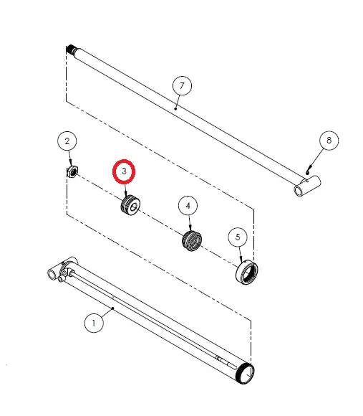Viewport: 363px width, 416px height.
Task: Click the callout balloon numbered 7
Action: coord(182,85)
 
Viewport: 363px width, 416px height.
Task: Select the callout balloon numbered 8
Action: coord(329,141)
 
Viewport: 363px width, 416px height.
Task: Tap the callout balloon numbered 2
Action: coord(67,141)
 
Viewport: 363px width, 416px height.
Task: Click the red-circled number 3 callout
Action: coord(124,171)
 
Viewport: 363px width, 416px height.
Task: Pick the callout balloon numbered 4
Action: coord(188,206)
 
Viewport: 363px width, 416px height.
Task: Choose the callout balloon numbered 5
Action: coord(238,237)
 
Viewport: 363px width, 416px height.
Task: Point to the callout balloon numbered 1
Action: coord(94,323)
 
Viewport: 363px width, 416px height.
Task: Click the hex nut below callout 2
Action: coord(72,171)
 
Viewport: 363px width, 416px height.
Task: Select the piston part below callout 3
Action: coord(130,205)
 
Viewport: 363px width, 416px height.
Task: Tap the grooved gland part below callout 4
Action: coord(192,240)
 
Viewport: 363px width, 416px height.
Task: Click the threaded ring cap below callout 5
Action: coord(247,273)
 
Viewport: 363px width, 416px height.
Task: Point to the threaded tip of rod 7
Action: coord(71,49)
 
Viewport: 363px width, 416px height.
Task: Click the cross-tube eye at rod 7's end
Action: coord(307,186)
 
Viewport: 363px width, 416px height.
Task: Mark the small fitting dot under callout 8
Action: coord(307,173)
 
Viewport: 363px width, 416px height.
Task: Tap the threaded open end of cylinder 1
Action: coord(246,374)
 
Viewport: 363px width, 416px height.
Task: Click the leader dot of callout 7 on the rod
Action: coord(175,108)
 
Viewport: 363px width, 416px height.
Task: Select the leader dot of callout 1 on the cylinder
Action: coord(113,308)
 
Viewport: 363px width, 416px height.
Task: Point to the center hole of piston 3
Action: coord(134,207)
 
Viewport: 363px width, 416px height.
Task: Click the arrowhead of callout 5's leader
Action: coord(241,259)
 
